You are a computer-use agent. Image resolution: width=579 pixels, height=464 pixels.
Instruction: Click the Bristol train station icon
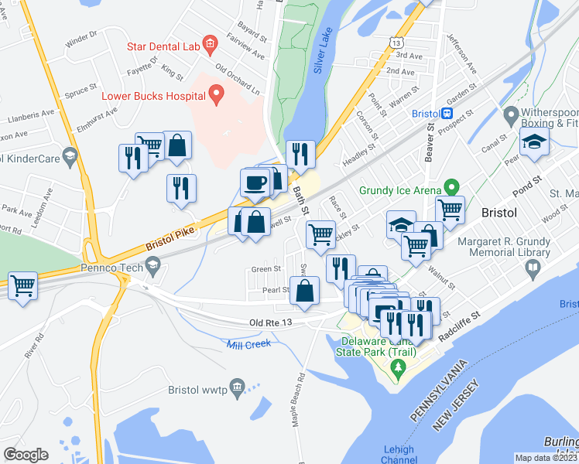(x=447, y=113)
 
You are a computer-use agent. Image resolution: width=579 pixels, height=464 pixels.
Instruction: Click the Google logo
(x=26, y=455)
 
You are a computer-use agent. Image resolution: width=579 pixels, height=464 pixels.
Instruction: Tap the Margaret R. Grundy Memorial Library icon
(x=533, y=268)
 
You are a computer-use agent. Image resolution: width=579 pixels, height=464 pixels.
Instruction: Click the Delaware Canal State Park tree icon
(x=397, y=367)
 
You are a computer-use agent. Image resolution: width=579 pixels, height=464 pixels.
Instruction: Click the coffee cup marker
(x=255, y=183)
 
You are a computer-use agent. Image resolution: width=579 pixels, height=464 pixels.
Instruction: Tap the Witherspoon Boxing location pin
(x=511, y=118)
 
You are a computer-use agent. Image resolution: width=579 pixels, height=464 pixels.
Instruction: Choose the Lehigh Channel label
(x=398, y=455)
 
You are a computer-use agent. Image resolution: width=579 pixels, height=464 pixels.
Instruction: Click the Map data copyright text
(x=546, y=458)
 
